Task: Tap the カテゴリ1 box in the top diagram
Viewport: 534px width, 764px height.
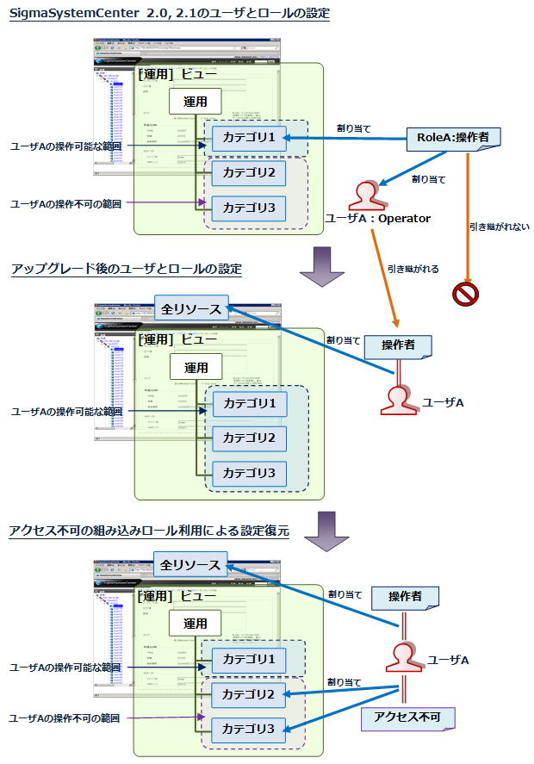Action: click(249, 138)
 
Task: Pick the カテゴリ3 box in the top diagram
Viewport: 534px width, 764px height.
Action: click(249, 208)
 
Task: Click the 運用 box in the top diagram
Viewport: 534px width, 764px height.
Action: click(196, 102)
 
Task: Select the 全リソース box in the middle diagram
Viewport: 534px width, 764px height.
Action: click(192, 308)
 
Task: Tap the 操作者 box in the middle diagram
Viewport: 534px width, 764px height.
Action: click(397, 345)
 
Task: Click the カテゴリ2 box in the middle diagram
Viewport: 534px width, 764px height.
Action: click(249, 438)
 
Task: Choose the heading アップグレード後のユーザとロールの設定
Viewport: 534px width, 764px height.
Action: click(127, 269)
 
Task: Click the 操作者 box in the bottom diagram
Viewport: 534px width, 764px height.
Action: click(404, 596)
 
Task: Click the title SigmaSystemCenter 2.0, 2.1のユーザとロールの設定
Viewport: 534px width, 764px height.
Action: click(170, 14)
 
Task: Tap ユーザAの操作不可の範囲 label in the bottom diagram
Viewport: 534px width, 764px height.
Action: click(64, 717)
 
